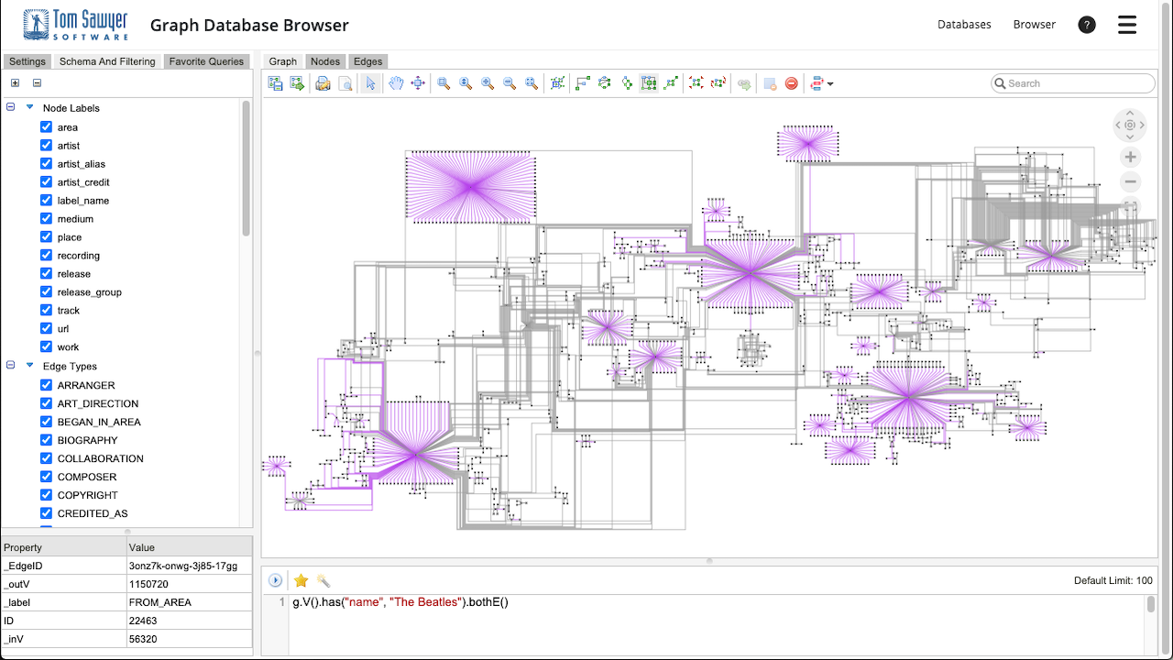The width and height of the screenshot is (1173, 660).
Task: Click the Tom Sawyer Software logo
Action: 75,25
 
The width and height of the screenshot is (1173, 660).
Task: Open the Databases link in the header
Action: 964,25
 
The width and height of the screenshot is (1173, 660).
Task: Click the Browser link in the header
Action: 1034,25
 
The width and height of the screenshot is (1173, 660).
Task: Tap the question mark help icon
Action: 1087,25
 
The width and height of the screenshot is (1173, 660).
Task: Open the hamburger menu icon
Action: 1127,25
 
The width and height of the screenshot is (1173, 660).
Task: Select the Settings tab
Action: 27,61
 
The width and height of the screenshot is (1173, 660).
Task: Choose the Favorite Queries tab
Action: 206,61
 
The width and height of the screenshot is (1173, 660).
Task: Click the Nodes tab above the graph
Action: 325,61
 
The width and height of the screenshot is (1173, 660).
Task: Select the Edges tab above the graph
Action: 367,61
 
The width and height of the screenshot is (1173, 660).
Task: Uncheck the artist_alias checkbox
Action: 46,164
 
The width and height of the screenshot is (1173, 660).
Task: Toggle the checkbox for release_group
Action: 46,291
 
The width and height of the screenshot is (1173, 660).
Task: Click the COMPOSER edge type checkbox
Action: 46,477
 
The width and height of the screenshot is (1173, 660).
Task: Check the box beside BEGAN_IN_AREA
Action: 46,422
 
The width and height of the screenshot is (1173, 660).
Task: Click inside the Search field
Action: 1077,83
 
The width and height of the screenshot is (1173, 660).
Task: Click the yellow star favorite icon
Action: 301,580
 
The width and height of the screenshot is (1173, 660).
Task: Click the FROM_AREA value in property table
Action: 160,602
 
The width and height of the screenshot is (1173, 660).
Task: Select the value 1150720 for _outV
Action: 148,584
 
